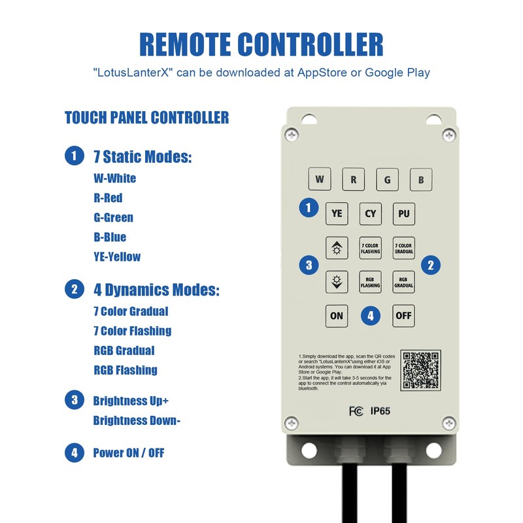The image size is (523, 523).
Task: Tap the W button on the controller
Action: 319,179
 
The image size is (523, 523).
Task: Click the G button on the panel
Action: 387,179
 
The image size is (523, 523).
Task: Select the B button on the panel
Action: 421,179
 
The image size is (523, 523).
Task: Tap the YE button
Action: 337,213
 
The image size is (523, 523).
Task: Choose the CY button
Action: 371,213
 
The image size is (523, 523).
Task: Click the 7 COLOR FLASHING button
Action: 371,248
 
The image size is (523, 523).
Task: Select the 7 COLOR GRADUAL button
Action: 404,248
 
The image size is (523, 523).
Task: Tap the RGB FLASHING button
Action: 371,282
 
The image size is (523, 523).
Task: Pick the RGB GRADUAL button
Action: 404,282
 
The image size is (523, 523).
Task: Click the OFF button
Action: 404,316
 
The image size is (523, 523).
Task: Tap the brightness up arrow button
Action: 337,248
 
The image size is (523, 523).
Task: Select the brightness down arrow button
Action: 337,282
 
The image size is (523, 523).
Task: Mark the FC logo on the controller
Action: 356,411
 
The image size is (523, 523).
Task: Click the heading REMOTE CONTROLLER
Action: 261,44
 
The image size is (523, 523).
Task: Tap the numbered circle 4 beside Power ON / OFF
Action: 74,452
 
